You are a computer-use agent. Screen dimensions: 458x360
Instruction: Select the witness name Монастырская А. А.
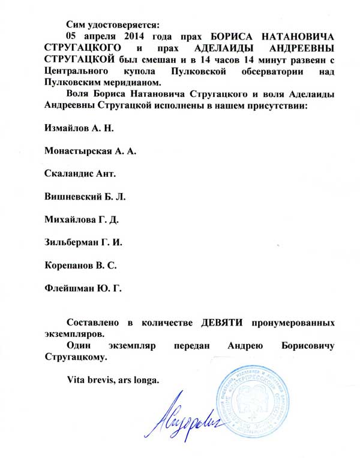pyautogui.click(x=91, y=152)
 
